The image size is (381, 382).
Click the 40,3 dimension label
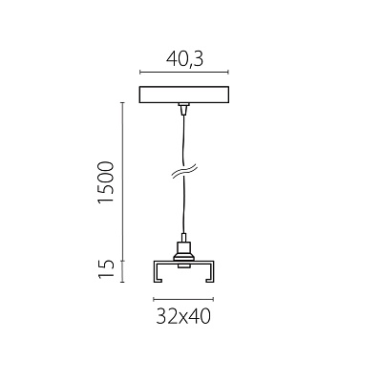tap(184, 59)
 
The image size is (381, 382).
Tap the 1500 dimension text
tap(106, 182)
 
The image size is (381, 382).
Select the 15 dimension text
tap(106, 269)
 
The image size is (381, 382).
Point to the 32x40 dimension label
tap(183, 316)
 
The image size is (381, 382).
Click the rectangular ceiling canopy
tap(184, 95)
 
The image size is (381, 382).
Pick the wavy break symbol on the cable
tap(184, 171)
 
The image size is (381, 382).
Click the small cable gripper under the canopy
tap(182, 109)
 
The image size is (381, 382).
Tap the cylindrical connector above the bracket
tap(183, 251)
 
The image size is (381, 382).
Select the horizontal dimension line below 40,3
tap(184, 73)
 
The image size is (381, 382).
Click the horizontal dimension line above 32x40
tap(183, 299)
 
